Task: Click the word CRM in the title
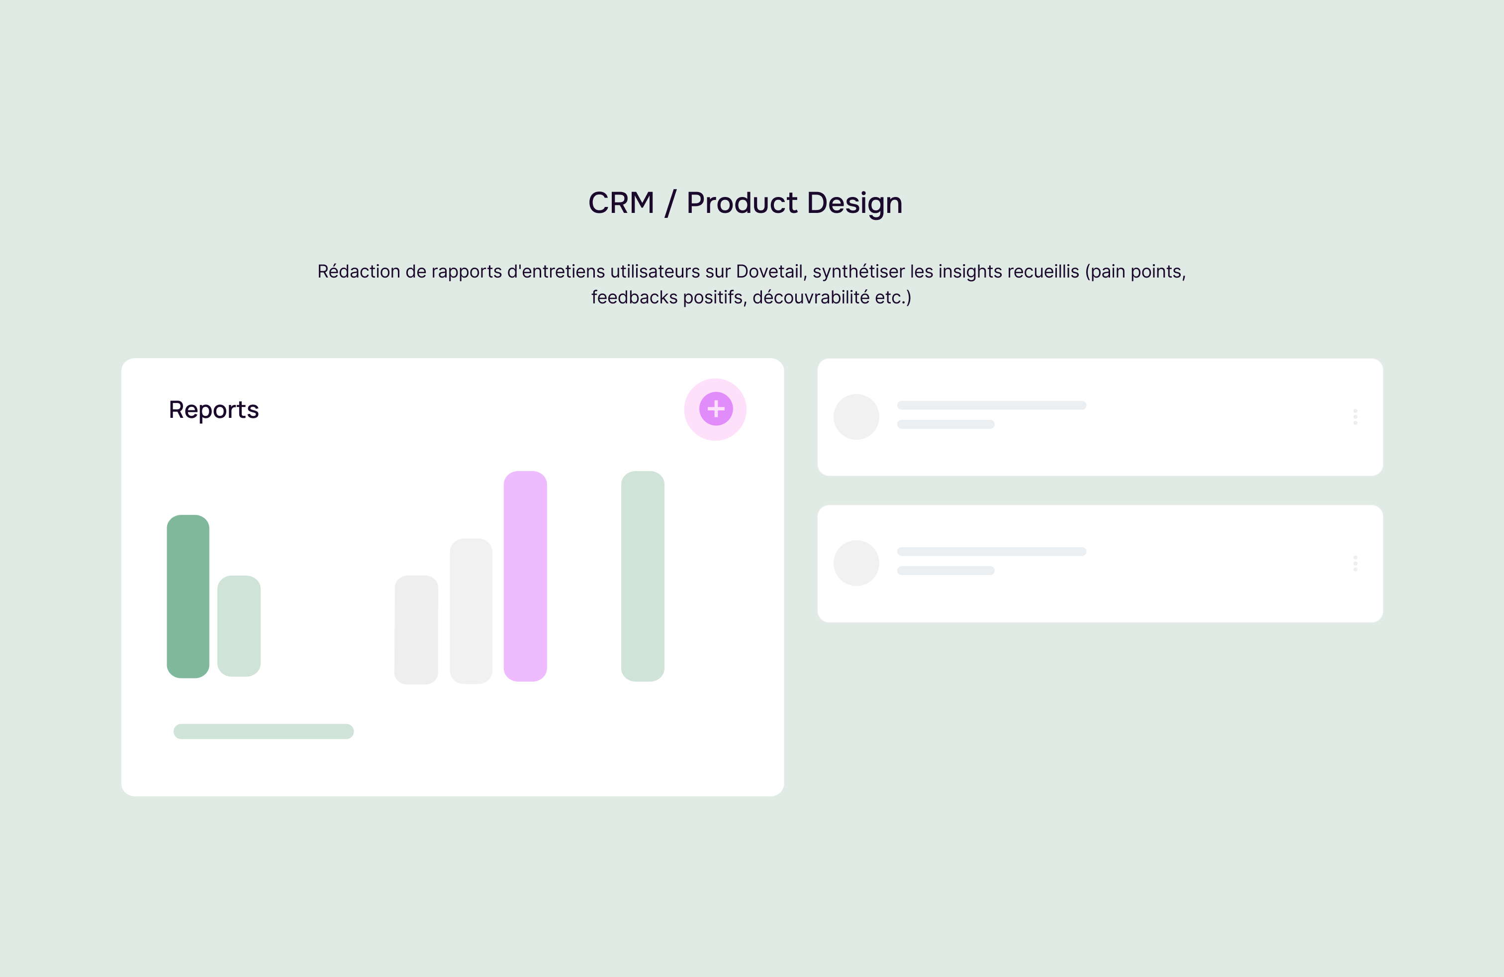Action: [621, 203]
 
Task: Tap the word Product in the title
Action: [742, 203]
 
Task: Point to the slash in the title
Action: [670, 203]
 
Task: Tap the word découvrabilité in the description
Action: [811, 297]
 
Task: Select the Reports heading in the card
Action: [213, 410]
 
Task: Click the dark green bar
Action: [188, 596]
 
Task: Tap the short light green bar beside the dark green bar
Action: [239, 626]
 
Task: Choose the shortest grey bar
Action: [416, 629]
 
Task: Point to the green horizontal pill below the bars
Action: [264, 731]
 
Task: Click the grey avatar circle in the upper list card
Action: [856, 417]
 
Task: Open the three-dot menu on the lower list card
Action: [1355, 563]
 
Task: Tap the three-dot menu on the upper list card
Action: [1355, 416]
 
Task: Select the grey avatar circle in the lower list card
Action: [856, 563]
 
